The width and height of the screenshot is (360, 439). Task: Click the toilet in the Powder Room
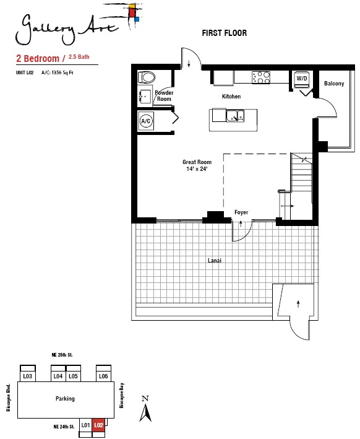[147, 77]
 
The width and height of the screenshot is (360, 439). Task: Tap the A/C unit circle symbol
[146, 121]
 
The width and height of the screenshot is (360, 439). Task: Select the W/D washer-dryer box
[301, 79]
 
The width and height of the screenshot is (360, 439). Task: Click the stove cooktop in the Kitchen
[261, 77]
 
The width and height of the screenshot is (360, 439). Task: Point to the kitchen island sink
[235, 116]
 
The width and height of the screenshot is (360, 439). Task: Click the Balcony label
[334, 84]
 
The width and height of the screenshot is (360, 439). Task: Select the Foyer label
[241, 212]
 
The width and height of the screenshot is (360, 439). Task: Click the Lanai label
[215, 261]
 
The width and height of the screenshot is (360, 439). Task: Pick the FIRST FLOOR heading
[225, 33]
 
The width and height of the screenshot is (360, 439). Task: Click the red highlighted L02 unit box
[98, 425]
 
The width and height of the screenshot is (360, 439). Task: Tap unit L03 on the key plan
[27, 376]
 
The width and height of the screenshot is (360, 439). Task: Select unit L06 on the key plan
[103, 376]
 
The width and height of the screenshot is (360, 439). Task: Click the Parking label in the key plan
[65, 398]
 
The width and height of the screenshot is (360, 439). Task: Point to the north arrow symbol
[145, 409]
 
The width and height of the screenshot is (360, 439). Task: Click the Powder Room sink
[145, 97]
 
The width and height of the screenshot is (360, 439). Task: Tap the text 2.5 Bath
[79, 57]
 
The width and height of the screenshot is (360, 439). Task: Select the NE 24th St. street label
[64, 427]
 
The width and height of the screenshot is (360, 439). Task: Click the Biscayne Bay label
[122, 395]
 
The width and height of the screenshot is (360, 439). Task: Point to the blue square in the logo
[137, 19]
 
